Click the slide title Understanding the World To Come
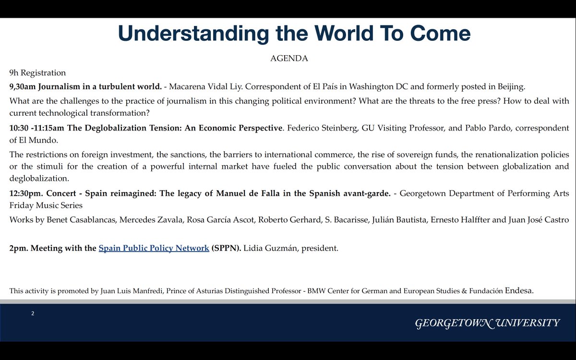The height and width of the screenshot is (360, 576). [294, 34]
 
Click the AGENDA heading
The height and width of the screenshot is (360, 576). [289, 59]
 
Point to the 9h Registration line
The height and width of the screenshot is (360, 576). [37, 73]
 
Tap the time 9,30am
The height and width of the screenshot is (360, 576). [23, 87]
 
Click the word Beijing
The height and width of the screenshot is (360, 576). [509, 87]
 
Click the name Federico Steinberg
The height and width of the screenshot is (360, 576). [320, 128]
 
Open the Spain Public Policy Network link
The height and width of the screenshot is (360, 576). [154, 248]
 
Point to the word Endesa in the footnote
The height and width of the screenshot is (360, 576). [518, 290]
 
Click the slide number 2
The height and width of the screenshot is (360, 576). [33, 313]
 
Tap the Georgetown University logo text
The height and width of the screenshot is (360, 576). [487, 323]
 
